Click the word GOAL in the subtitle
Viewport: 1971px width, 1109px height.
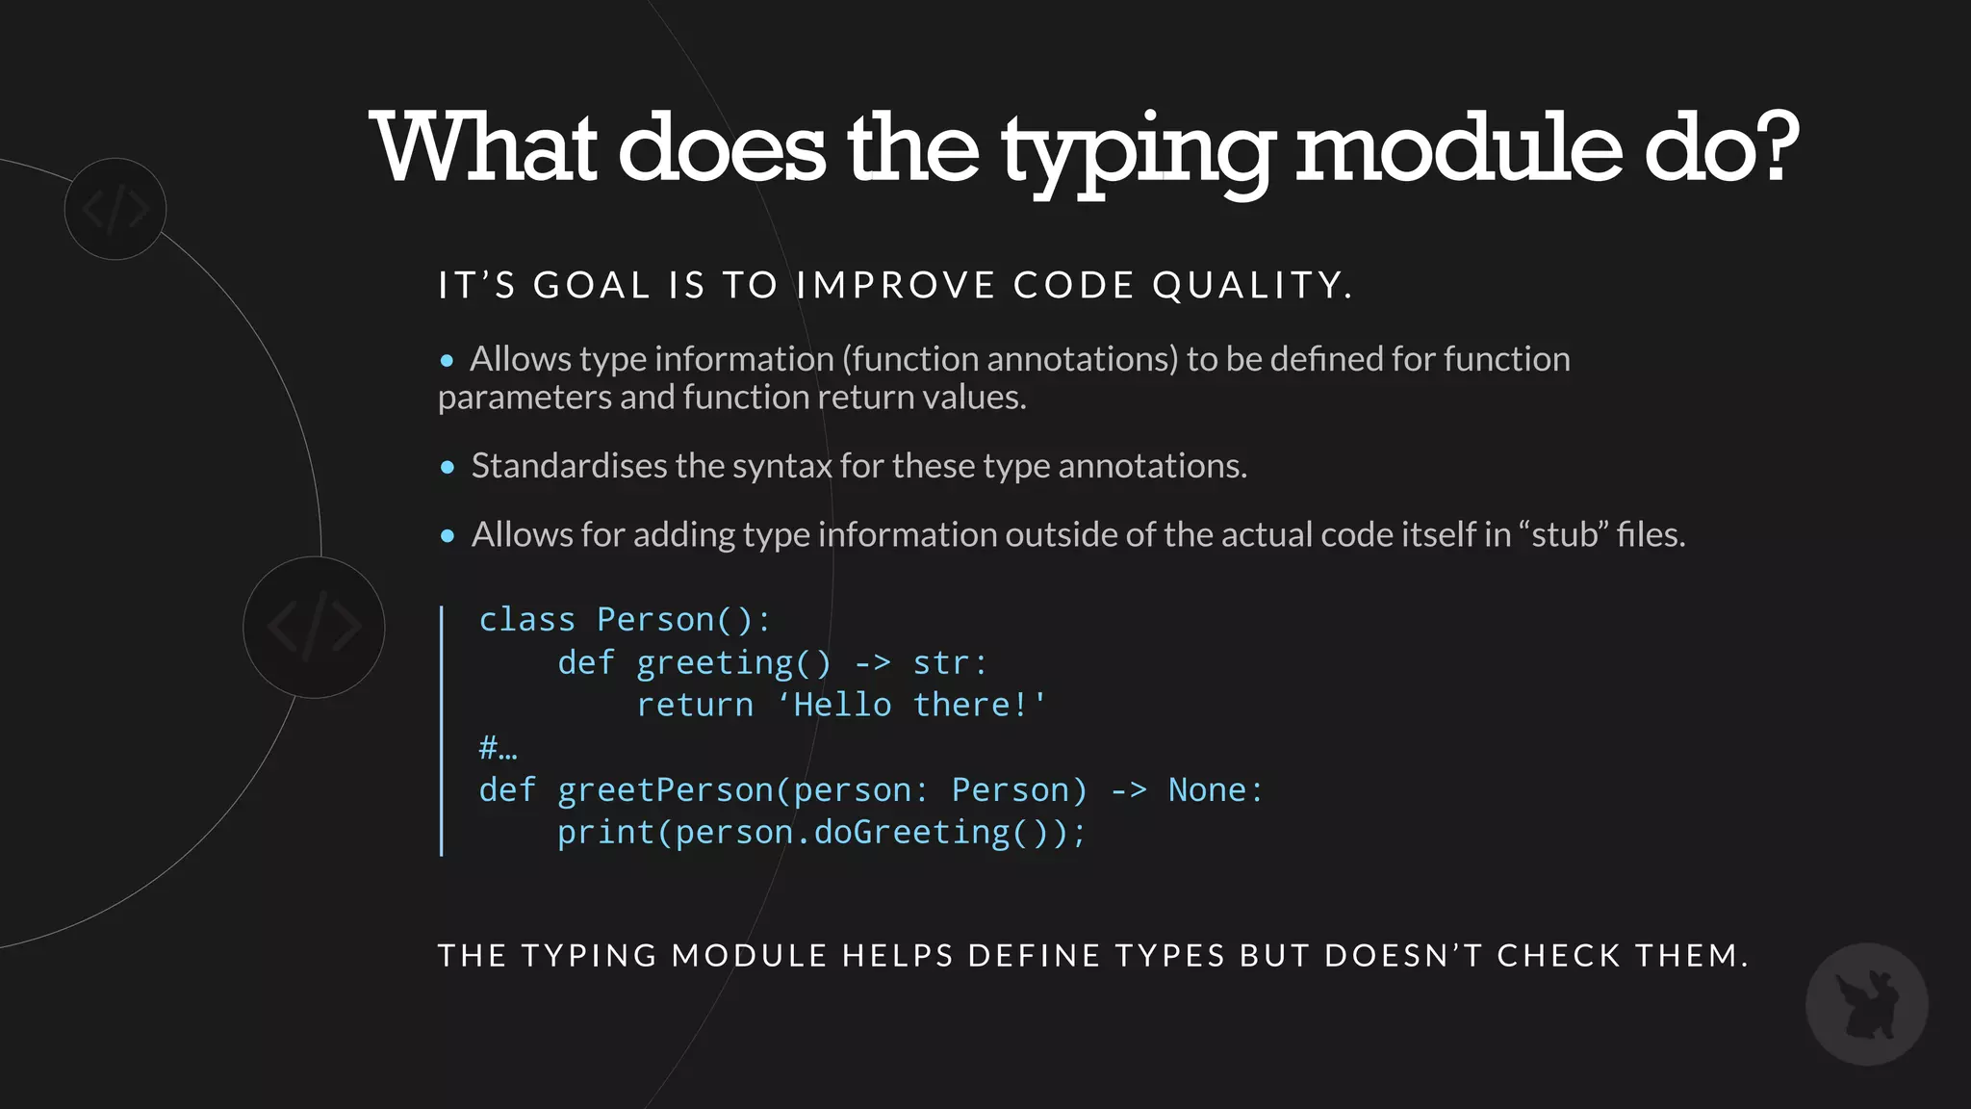pyautogui.click(x=592, y=286)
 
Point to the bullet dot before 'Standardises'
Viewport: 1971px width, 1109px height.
pyautogui.click(x=448, y=468)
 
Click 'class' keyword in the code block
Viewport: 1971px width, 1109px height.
pyautogui.click(x=526, y=620)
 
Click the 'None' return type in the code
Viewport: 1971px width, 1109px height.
pyautogui.click(x=1207, y=790)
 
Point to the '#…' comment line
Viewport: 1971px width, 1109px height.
pyautogui.click(x=498, y=748)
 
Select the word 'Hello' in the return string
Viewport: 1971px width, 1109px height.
pyautogui.click(x=842, y=706)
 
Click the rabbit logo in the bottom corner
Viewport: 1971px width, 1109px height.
pyautogui.click(x=1866, y=1004)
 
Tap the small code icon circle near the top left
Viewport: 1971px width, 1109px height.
pyautogui.click(x=115, y=209)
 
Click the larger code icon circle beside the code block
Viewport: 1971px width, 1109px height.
pyautogui.click(x=314, y=628)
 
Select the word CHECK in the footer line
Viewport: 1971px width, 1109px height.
pyautogui.click(x=1559, y=956)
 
